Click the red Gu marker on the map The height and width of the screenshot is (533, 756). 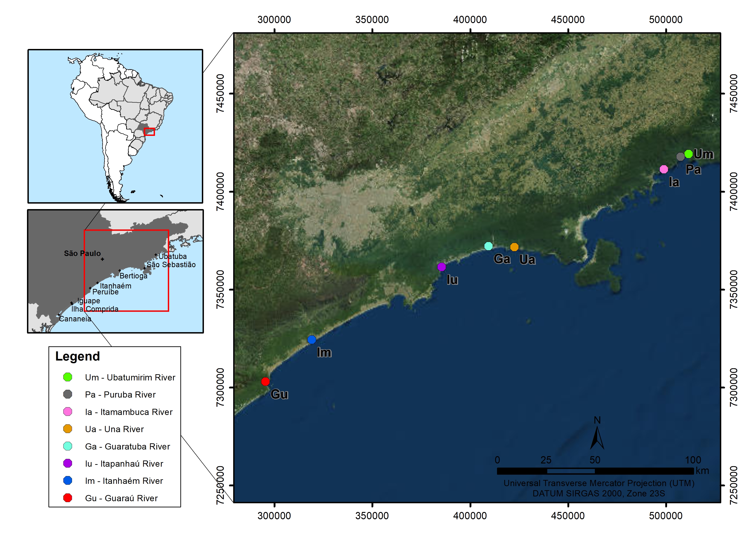pyautogui.click(x=265, y=382)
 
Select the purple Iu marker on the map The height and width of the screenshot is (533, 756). pyautogui.click(x=441, y=267)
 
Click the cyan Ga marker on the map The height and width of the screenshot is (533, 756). pyautogui.click(x=489, y=246)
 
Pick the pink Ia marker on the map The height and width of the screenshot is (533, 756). pyautogui.click(x=664, y=169)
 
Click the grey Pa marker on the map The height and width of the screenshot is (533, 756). pyautogui.click(x=680, y=156)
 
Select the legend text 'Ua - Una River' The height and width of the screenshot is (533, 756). pyautogui.click(x=114, y=429)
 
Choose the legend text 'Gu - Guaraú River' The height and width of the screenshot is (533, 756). pyautogui.click(x=121, y=498)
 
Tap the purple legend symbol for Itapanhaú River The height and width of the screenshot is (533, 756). pyautogui.click(x=68, y=463)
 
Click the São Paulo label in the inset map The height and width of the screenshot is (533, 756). pyautogui.click(x=82, y=253)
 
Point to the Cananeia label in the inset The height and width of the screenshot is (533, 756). pyautogui.click(x=75, y=319)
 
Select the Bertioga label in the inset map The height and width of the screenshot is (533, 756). pyautogui.click(x=133, y=276)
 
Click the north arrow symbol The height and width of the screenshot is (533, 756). pyautogui.click(x=597, y=438)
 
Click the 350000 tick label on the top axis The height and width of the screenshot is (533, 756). pyautogui.click(x=372, y=20)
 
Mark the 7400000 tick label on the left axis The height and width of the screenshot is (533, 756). pyautogui.click(x=220, y=191)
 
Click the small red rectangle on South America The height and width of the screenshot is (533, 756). pyautogui.click(x=149, y=132)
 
